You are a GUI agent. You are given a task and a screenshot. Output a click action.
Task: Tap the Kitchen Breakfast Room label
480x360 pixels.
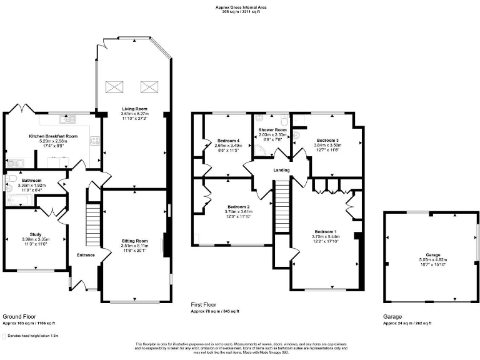53,136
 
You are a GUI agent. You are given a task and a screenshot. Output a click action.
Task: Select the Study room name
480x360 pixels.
35,234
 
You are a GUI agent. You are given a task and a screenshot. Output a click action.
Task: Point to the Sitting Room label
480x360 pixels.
134,241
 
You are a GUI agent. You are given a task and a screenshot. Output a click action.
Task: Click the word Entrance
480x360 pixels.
86,255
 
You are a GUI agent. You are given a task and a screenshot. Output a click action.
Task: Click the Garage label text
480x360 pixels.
433,255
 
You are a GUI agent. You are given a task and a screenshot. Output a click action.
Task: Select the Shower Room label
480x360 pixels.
272,129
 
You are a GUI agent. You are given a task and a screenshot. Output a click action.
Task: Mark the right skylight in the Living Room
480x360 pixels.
149,86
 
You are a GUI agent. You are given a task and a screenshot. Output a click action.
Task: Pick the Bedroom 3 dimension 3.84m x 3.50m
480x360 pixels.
328,145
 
